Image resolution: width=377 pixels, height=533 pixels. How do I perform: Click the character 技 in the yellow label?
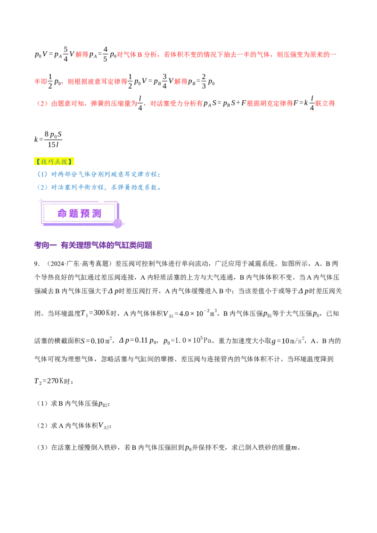pos(44,162)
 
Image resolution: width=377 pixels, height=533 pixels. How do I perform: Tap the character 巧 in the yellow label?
pos(51,162)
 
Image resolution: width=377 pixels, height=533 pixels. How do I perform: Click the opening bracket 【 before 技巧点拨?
pos(37,162)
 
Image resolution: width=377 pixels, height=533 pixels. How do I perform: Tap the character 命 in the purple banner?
pos(63,213)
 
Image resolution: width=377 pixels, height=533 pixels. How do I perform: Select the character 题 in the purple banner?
pos(74,213)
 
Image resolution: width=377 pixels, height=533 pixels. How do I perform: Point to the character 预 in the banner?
pos(85,213)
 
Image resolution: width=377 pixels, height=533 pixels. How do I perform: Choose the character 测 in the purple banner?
pos(97,213)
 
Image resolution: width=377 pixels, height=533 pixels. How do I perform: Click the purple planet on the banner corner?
pos(118,224)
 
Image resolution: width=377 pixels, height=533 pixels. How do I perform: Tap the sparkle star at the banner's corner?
pos(41,201)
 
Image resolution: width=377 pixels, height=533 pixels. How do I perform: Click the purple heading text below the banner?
pos(94,246)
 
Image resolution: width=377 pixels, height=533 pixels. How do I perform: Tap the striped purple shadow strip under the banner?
pos(80,225)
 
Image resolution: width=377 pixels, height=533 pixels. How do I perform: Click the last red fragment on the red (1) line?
pos(325,104)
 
